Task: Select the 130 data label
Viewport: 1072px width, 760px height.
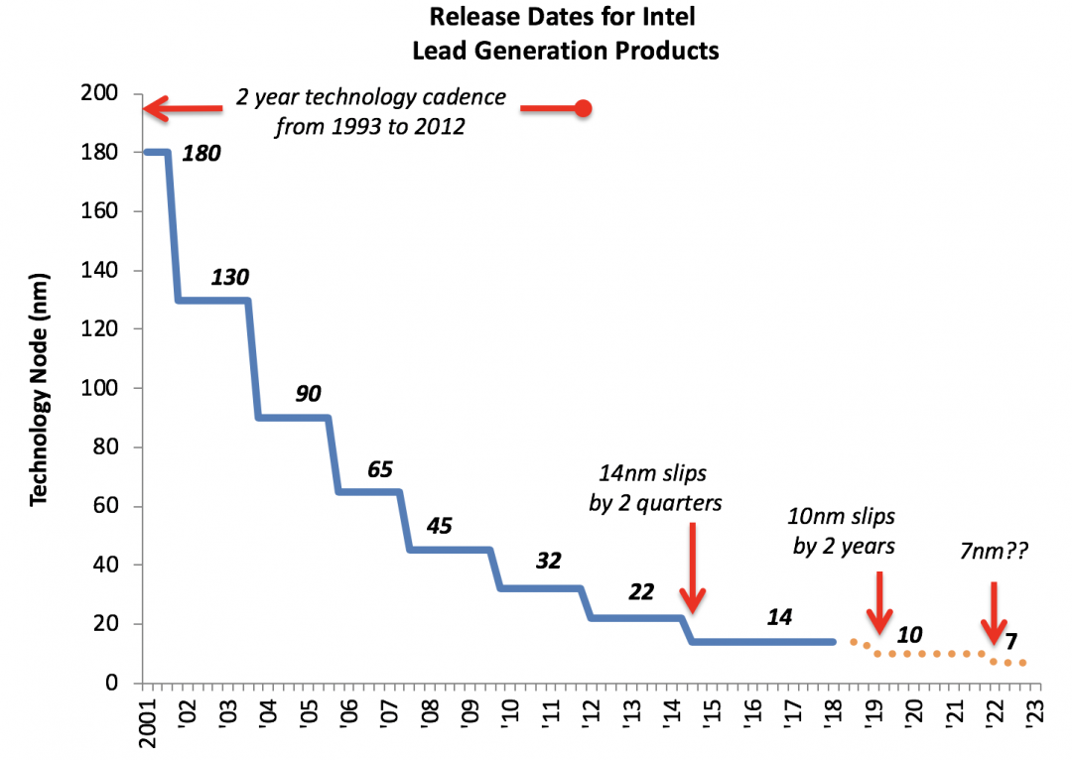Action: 229,277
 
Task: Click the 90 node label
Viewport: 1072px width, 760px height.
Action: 308,394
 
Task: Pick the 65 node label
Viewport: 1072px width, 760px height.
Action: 380,468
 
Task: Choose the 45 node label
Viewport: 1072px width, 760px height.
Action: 439,525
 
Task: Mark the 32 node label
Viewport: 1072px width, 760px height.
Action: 548,561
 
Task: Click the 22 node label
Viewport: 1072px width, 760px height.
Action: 641,592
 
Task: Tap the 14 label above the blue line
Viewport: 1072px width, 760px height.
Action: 779,617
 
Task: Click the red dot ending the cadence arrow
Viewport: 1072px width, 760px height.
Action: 584,108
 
